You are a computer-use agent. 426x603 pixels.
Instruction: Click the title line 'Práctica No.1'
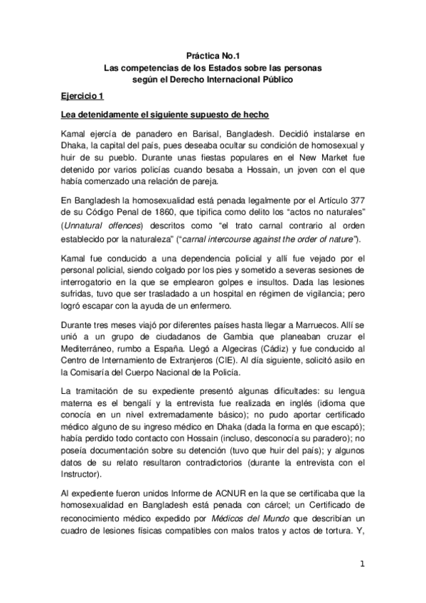click(x=213, y=55)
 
